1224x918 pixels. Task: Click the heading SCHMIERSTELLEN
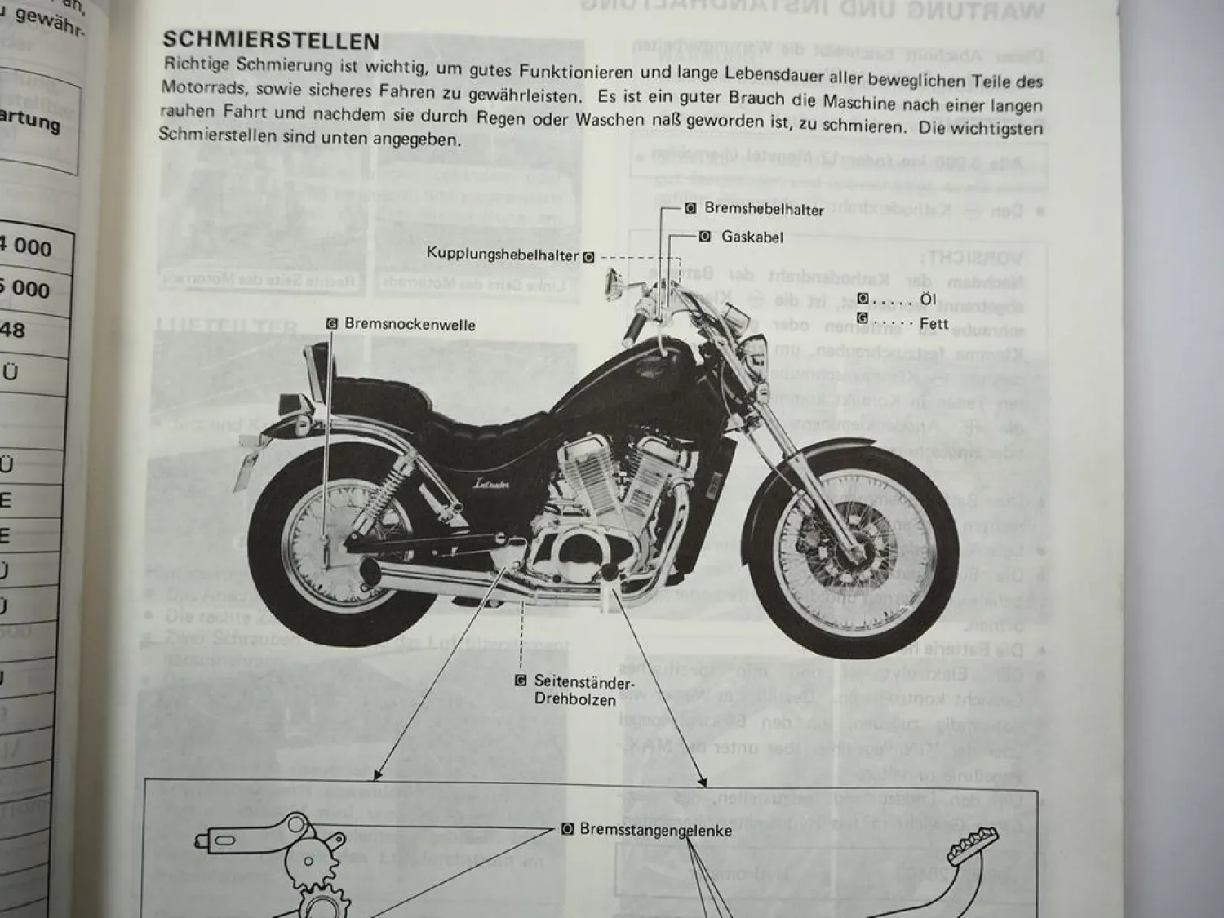(x=271, y=41)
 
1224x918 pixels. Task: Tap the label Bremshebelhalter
(x=764, y=210)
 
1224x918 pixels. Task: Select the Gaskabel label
(x=752, y=237)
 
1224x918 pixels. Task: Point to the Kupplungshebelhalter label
(x=502, y=255)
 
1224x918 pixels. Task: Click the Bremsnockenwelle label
(x=410, y=324)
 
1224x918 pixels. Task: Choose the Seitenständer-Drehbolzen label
(x=583, y=690)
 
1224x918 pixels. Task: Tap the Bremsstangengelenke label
(x=655, y=830)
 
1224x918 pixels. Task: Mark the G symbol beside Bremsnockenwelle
(x=332, y=324)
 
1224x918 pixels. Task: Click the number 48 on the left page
(x=13, y=330)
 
